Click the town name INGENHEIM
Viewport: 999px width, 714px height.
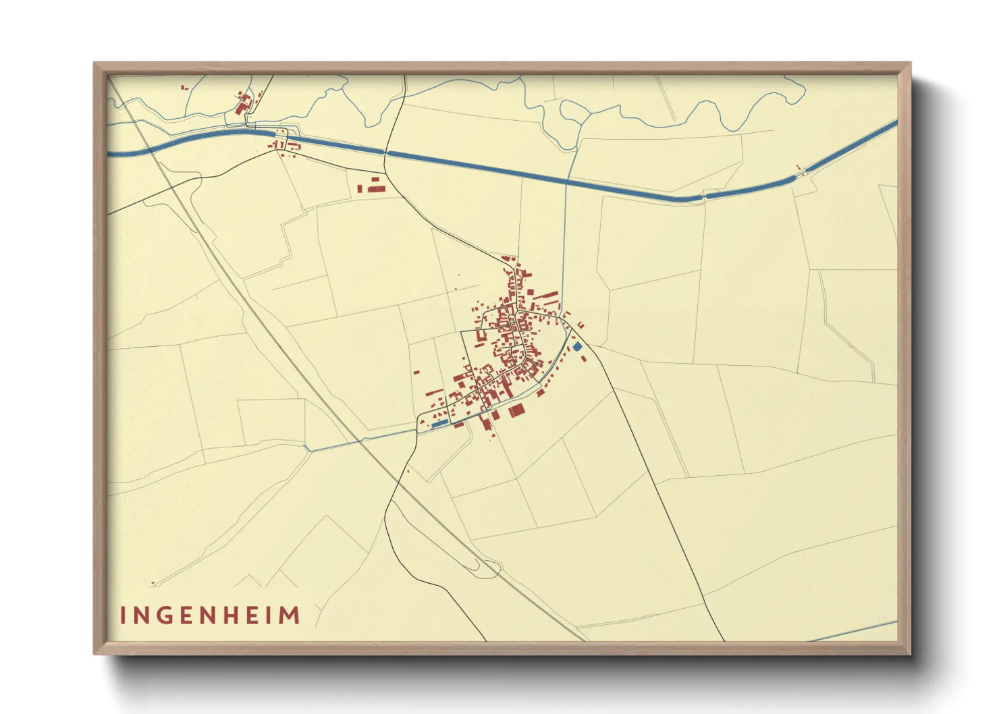210,615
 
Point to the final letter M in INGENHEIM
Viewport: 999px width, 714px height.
290,615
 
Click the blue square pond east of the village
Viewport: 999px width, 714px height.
577,346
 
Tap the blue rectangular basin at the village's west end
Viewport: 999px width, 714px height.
439,424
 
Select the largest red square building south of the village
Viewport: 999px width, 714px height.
516,410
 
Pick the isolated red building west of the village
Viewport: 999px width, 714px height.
416,371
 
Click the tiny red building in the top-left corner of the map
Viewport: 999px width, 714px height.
184,86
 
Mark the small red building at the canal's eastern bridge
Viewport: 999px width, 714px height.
799,168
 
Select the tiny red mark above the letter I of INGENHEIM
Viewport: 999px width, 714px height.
153,583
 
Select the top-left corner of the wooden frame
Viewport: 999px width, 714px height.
95,64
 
